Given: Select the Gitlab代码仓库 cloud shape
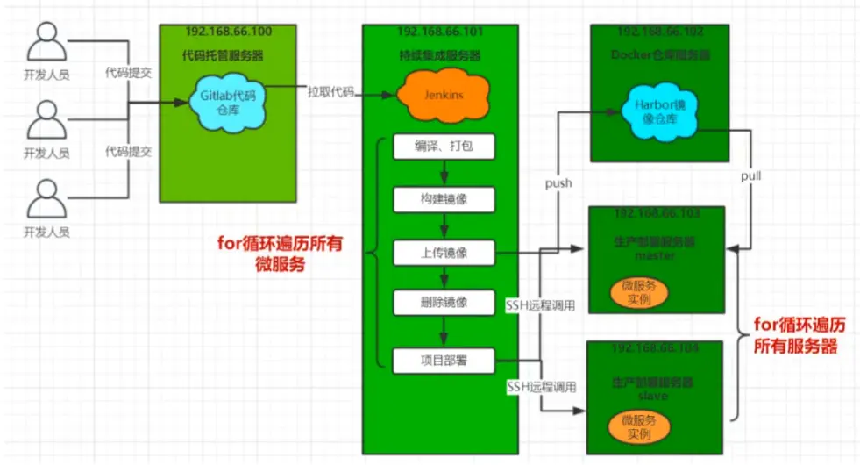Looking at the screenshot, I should (x=228, y=104).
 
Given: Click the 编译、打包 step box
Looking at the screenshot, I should (x=444, y=147).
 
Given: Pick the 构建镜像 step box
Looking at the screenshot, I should (x=444, y=199).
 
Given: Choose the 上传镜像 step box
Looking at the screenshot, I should (x=444, y=253).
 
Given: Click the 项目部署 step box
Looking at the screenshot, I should (x=444, y=359).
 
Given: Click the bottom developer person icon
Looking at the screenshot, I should (x=46, y=201).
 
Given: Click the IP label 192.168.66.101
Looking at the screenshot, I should (x=439, y=32).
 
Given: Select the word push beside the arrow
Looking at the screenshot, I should (x=558, y=183).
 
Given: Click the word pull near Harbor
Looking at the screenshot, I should (x=750, y=176).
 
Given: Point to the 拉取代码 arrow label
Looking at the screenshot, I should (x=330, y=91).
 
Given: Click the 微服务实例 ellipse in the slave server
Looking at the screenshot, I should (x=639, y=427).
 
